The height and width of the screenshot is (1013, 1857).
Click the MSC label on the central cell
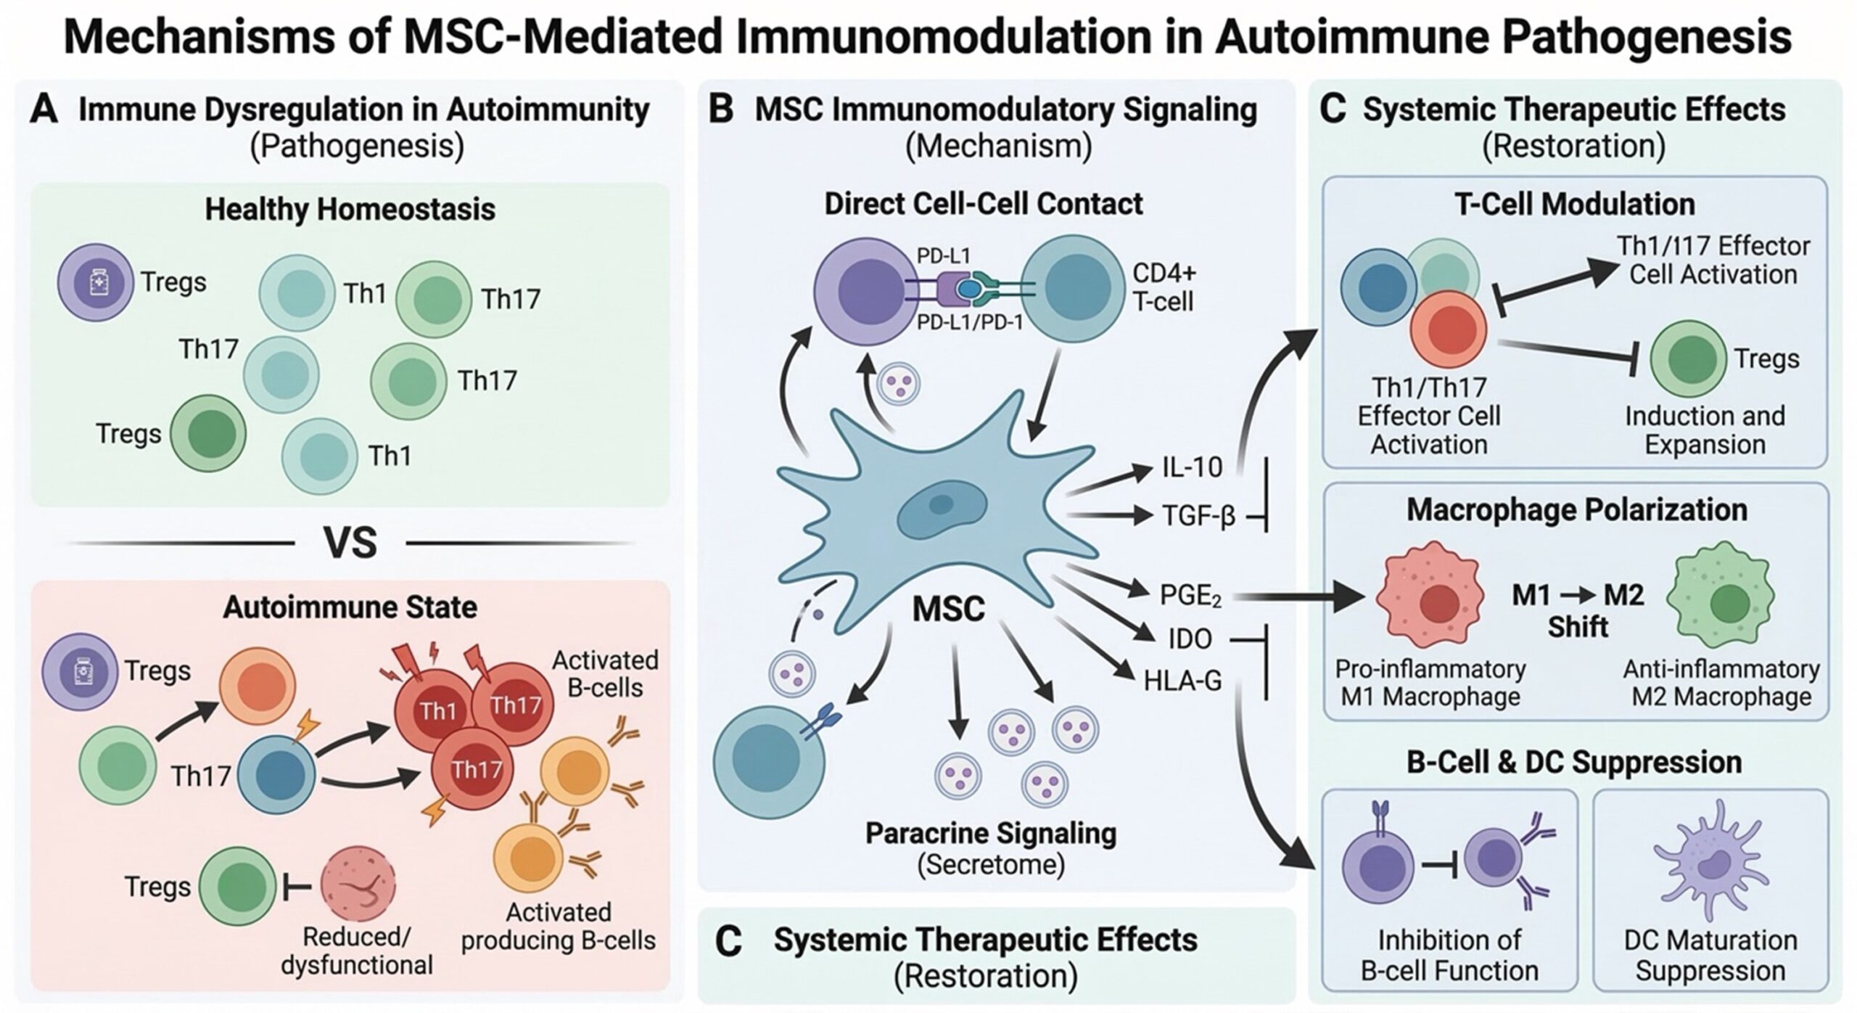click(948, 610)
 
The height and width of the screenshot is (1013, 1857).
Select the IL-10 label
click(1192, 468)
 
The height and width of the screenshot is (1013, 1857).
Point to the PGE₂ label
click(1190, 596)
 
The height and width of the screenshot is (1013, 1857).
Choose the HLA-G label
click(1182, 681)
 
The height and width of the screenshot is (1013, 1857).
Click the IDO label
click(1190, 639)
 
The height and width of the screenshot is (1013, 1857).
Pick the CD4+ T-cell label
click(1164, 287)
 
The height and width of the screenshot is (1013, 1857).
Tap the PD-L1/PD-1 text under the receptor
click(970, 322)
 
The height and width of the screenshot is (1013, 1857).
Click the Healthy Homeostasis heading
click(350, 209)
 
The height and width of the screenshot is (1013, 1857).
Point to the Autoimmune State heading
click(350, 607)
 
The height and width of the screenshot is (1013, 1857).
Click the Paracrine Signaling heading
click(991, 833)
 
